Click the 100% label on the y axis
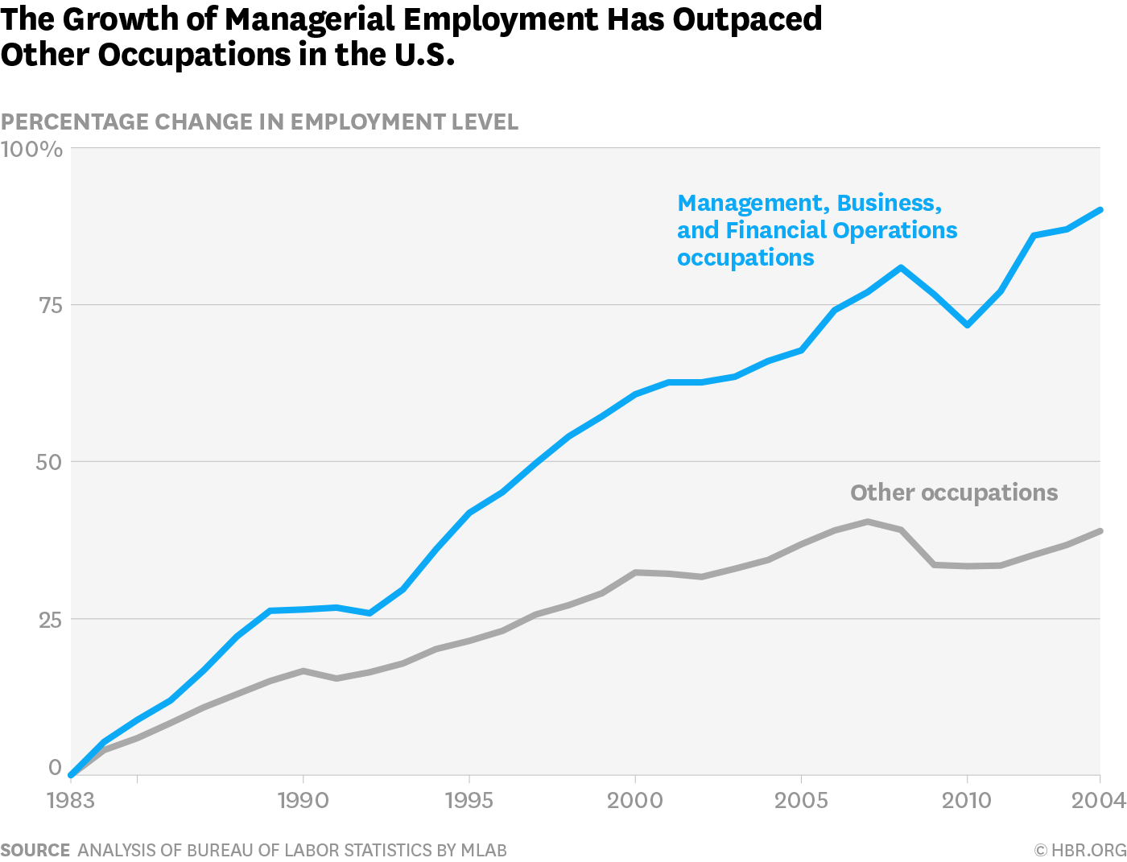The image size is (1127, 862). point(31,150)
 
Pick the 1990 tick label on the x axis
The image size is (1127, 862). point(303,800)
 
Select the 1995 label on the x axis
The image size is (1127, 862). point(469,800)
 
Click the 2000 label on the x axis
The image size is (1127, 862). point(635,800)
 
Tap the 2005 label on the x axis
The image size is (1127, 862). point(801,800)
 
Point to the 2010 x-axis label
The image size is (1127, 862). point(967,800)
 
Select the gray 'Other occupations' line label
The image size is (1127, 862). point(954,493)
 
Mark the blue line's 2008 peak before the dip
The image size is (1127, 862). point(901,267)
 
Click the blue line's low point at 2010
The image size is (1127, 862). point(967,325)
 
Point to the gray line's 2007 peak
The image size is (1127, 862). point(868,522)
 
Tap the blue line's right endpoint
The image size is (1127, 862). point(1100,209)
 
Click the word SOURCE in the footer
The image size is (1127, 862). point(35,850)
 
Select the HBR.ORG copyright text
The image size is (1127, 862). point(1080,850)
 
